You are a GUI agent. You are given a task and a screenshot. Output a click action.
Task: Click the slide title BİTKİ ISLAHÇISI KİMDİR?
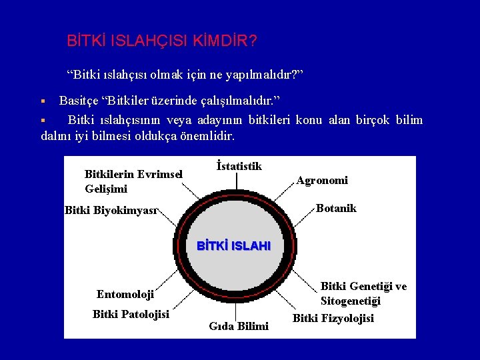coord(162,41)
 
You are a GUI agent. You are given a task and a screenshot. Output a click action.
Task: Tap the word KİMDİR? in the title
coord(225,41)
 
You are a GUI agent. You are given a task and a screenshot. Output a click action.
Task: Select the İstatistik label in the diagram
coord(239,166)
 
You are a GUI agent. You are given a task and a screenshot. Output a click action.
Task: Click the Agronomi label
coord(322,180)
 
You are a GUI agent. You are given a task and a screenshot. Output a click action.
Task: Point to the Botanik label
coord(336,208)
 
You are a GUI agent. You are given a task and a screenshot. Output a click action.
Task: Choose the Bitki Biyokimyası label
coord(111,211)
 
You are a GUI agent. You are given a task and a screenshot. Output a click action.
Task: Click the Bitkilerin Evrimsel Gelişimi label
coord(133,181)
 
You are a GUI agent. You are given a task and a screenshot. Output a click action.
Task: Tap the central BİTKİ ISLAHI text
coord(234,246)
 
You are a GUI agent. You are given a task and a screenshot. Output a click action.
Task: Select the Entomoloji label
coord(125,294)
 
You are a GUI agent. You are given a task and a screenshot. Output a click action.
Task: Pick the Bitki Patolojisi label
coord(131,314)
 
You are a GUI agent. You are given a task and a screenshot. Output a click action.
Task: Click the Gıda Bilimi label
coord(239,326)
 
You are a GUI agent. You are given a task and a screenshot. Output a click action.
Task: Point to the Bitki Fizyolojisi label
coord(333,318)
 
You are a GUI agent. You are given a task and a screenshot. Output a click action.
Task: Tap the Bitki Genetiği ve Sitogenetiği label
coord(363,293)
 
